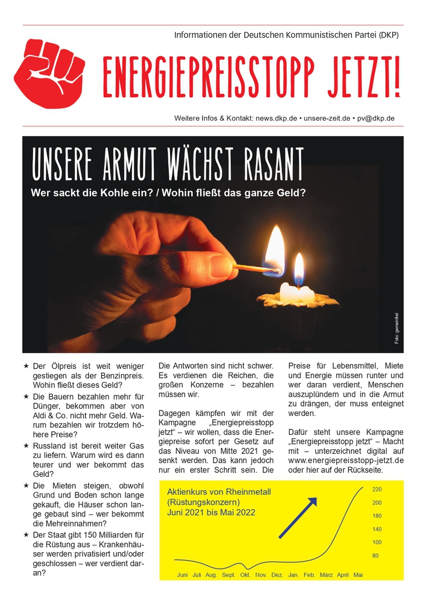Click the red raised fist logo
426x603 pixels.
pos(49,74)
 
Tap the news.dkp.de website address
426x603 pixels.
pos(277,118)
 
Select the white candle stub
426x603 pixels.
pos(296,293)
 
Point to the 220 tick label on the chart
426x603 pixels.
pos(377,490)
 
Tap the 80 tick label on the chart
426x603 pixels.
pos(376,556)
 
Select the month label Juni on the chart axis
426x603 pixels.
pos(182,575)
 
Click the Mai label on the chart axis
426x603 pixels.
pos(359,575)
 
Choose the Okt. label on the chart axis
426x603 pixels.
pos(245,575)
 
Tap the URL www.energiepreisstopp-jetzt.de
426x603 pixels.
pos(346,460)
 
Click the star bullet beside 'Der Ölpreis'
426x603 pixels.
pos(26,366)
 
